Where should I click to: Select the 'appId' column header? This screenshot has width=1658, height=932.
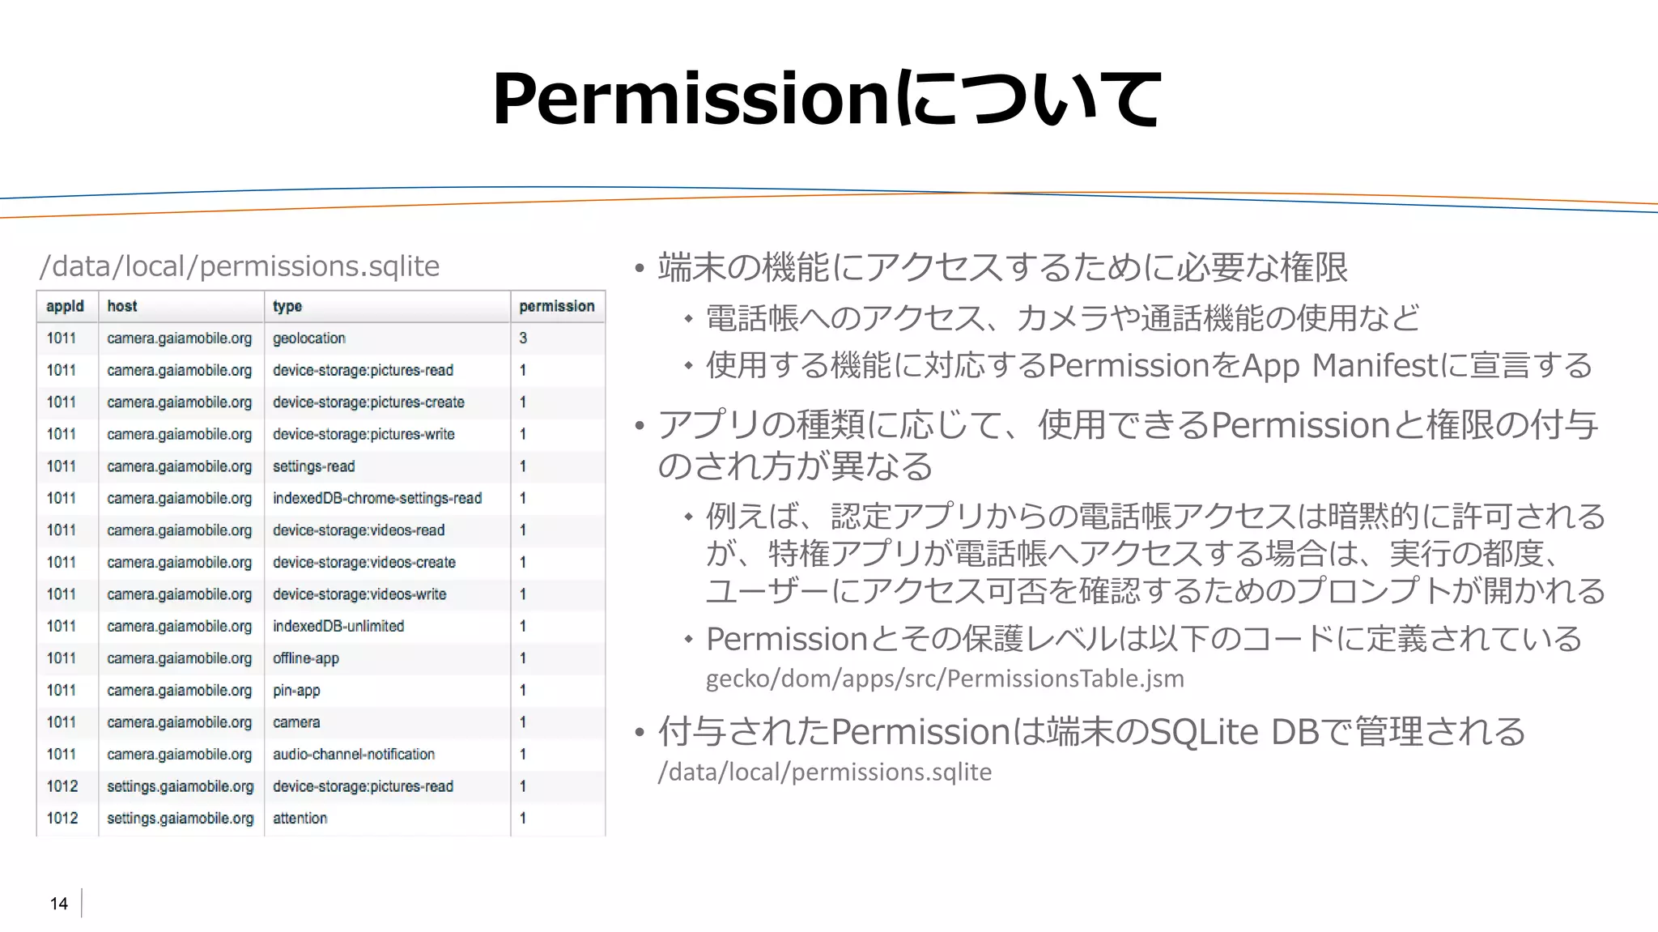click(x=65, y=306)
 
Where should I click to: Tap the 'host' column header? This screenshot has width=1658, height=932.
click(x=121, y=306)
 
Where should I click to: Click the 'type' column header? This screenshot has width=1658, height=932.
click(x=287, y=306)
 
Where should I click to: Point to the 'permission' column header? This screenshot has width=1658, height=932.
click(x=557, y=306)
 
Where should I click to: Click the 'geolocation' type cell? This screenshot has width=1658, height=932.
click(x=309, y=338)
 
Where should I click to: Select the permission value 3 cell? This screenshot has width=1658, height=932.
click(x=523, y=338)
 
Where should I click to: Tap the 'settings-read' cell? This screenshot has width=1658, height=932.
click(x=313, y=466)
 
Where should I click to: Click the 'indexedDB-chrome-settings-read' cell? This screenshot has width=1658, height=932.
click(x=377, y=498)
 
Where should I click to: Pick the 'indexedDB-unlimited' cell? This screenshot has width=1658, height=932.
click(x=338, y=626)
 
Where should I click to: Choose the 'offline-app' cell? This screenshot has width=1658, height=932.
click(x=306, y=658)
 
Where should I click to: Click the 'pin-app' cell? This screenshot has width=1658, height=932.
click(x=296, y=691)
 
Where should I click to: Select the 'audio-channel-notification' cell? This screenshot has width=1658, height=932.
click(x=354, y=755)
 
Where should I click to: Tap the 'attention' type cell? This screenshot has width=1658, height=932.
click(x=300, y=819)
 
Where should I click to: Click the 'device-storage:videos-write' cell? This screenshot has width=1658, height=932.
click(x=359, y=594)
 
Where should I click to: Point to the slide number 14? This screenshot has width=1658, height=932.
click(x=59, y=904)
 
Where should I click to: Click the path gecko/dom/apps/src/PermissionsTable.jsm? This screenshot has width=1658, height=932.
click(x=945, y=679)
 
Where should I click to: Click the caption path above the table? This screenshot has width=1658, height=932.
click(x=240, y=266)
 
